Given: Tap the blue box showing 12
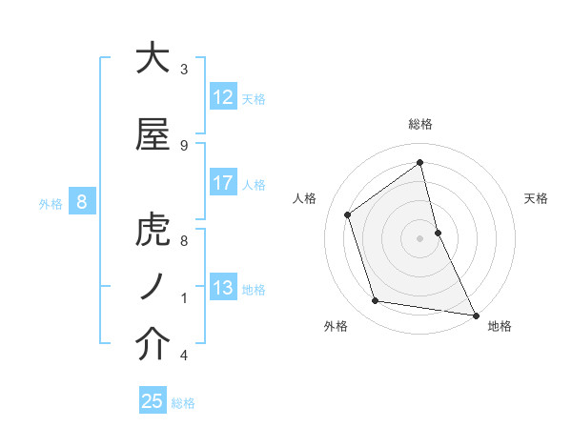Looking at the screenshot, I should [223, 97].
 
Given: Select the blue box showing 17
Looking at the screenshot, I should [223, 183].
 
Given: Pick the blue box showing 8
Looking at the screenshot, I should [82, 202].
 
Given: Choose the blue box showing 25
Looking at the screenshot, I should [153, 401].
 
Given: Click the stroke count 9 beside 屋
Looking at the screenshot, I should [183, 146].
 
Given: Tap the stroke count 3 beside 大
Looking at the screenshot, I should [183, 70].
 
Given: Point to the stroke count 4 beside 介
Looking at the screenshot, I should [183, 356].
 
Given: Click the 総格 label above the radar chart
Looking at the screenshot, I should [420, 124].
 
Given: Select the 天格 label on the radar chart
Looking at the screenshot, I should [537, 198].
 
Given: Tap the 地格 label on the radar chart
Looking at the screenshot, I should [500, 326].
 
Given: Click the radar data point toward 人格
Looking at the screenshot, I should [348, 214].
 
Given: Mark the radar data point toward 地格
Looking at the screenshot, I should [475, 315].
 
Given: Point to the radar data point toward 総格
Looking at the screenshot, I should [420, 162].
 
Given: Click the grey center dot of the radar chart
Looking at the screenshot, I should [420, 237].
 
